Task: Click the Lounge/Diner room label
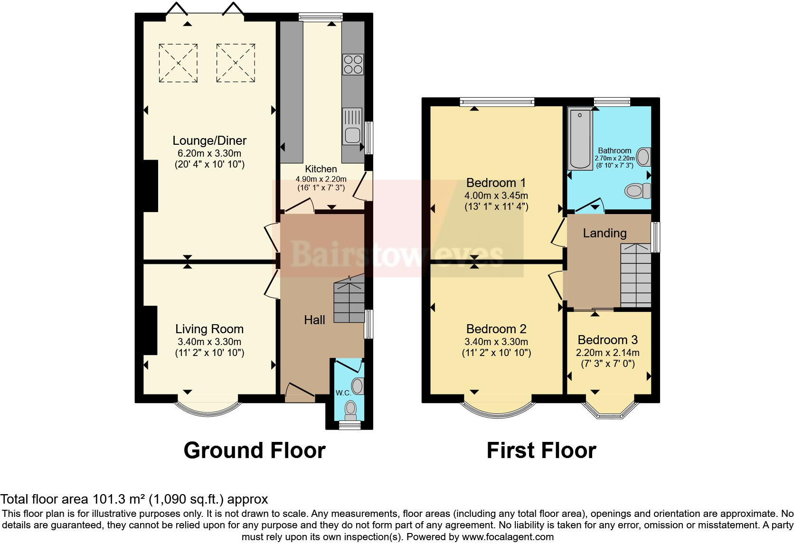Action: (209, 140)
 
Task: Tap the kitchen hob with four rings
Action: (353, 65)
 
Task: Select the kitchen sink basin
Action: (352, 135)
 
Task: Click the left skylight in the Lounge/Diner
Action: (178, 63)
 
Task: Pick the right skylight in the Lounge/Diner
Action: (236, 63)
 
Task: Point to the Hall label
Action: (314, 320)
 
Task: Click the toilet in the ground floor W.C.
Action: (350, 409)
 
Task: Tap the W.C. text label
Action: (343, 393)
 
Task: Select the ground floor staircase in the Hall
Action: (349, 301)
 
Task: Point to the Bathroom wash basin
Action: (643, 157)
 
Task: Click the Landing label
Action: (605, 233)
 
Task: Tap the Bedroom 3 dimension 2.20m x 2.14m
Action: (607, 353)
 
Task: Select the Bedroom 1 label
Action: (496, 183)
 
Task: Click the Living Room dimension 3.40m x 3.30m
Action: (209, 342)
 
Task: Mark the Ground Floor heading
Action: (255, 450)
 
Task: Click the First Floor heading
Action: (541, 450)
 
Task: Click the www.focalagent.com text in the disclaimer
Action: (508, 537)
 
